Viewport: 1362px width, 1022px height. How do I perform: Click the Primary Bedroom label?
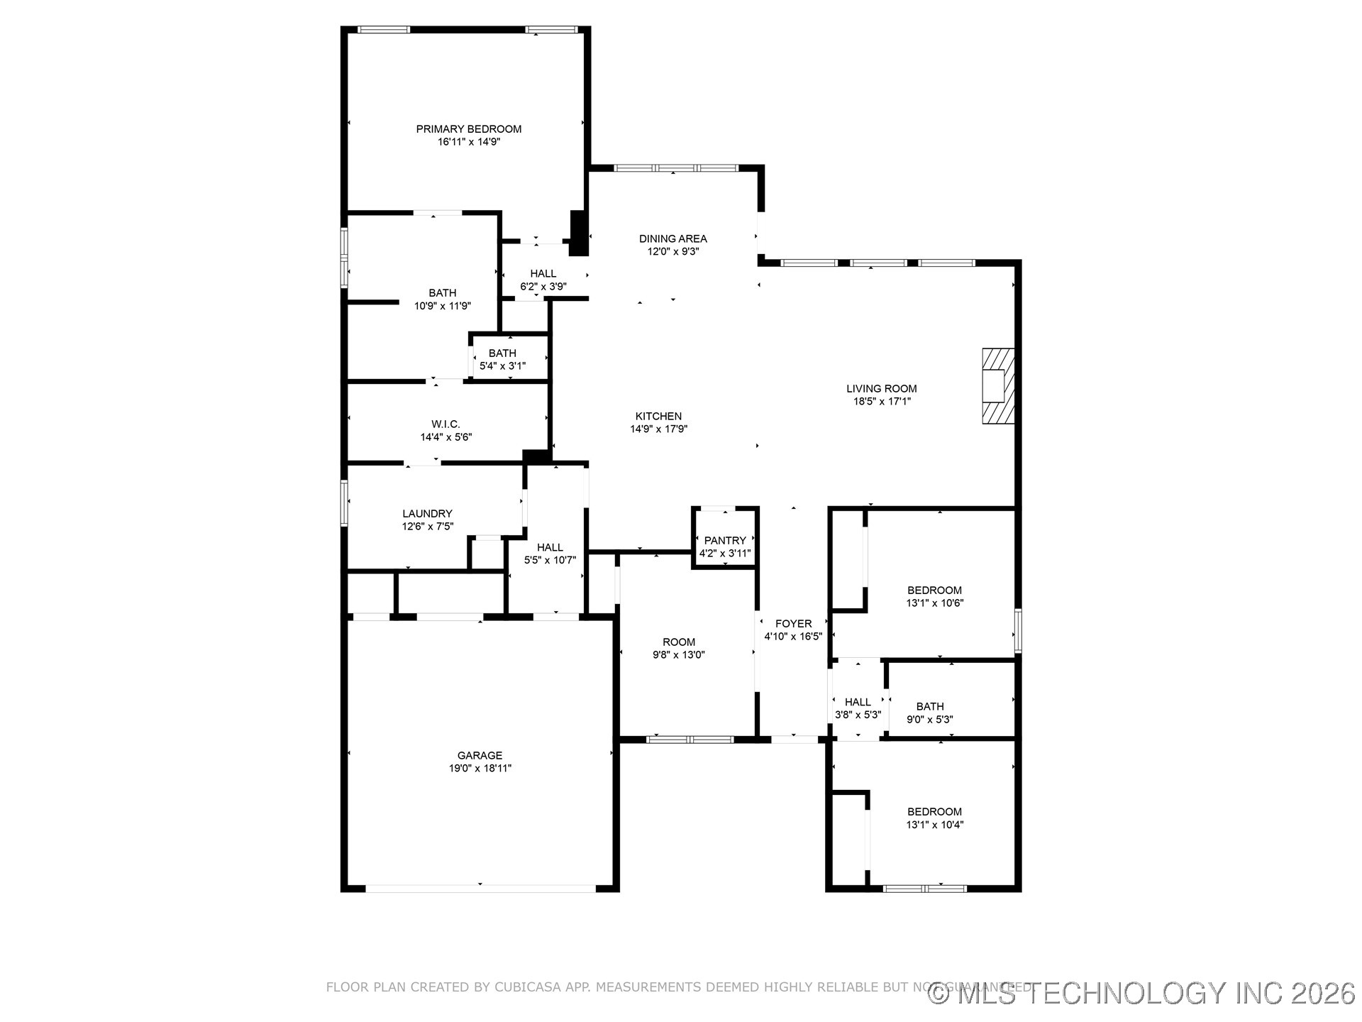coord(468,129)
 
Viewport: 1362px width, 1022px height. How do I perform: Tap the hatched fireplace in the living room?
coord(997,386)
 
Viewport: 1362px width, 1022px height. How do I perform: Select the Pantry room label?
coord(724,541)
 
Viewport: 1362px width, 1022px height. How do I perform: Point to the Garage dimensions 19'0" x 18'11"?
coord(480,768)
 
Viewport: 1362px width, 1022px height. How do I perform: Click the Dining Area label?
coord(672,239)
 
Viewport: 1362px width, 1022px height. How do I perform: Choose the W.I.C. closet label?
coord(445,424)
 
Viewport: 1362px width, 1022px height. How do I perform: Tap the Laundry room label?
coord(427,514)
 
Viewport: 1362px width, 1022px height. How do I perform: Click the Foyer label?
coord(793,624)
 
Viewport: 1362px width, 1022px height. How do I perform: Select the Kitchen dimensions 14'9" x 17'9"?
coord(658,429)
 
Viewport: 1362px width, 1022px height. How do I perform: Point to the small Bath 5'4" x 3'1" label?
coord(502,353)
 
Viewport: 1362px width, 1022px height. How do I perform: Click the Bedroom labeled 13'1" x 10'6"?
coord(934,590)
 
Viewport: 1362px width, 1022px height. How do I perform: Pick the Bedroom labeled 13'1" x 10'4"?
coord(934,812)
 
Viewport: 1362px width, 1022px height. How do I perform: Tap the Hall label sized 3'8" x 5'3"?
coord(858,703)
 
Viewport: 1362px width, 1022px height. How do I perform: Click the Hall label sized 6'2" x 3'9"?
coord(543,274)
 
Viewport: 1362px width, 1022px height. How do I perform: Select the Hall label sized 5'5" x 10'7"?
coord(550,548)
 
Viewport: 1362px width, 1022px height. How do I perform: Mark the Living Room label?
coord(881,389)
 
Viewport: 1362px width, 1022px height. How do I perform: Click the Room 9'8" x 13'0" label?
coord(679,642)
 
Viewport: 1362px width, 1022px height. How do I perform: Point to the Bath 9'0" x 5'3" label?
coord(929,707)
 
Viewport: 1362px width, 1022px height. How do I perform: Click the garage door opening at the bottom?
coord(480,887)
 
